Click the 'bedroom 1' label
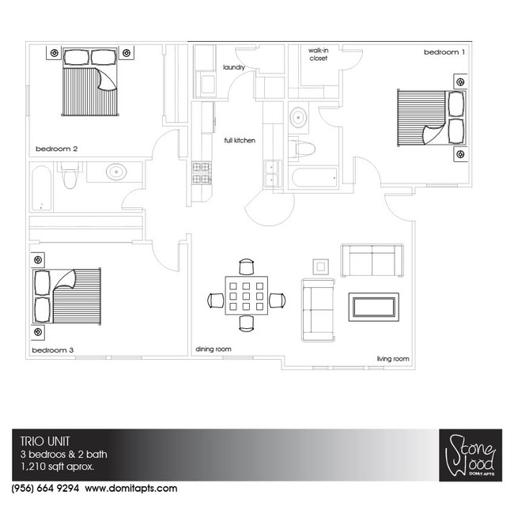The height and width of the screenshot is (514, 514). click(444, 52)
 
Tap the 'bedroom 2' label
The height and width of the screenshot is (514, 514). click(57, 149)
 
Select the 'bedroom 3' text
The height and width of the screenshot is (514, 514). click(53, 350)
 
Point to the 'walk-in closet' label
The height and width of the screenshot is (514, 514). click(319, 55)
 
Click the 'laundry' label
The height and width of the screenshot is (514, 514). click(234, 67)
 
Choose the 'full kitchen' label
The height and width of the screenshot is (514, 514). click(240, 140)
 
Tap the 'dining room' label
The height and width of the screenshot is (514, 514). click(214, 349)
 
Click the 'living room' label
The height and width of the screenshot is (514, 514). click(393, 359)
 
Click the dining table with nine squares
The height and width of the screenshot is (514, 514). click(246, 296)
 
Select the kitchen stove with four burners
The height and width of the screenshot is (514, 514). click(201, 172)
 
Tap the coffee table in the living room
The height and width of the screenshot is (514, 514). click(374, 307)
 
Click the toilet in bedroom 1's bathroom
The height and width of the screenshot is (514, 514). click(301, 149)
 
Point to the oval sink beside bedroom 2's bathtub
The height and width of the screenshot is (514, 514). click(116, 172)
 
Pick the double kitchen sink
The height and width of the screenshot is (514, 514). click(273, 173)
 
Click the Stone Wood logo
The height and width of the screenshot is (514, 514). click(471, 455)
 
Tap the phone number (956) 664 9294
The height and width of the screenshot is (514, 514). click(45, 488)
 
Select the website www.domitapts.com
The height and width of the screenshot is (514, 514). click(131, 489)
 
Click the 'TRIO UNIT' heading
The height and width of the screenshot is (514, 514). click(45, 441)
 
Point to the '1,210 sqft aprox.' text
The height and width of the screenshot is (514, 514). click(58, 466)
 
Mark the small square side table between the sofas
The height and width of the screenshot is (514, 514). click(320, 266)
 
